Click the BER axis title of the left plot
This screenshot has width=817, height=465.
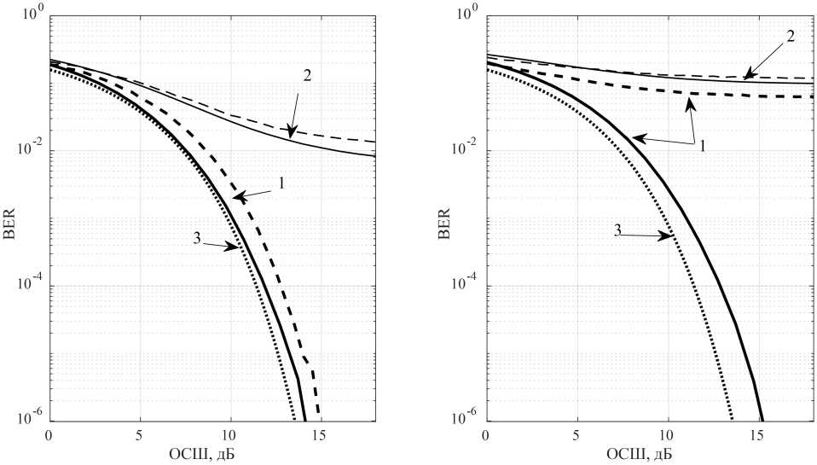coord(10,220)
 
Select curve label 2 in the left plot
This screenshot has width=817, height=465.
coord(307,75)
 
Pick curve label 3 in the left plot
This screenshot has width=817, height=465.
coord(197,238)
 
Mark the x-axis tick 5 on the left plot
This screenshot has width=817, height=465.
coord(140,436)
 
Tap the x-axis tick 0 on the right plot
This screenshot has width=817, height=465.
coord(486,436)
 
